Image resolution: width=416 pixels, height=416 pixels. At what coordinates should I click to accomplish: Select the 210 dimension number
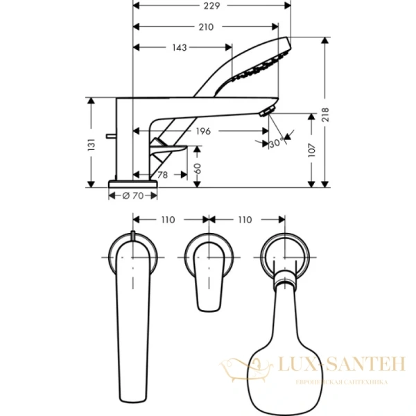[x=205, y=27]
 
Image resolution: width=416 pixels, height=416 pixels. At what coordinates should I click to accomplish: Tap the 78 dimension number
[x=162, y=175]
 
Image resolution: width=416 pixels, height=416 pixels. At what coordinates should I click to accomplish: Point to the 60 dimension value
[x=198, y=167]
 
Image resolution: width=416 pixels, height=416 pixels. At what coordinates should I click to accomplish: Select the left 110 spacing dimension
[x=168, y=220]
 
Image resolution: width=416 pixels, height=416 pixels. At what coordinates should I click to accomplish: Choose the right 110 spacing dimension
[x=244, y=220]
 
